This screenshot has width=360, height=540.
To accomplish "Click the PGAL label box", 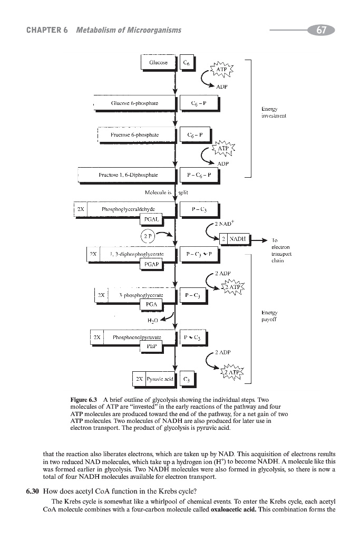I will pos(152,218).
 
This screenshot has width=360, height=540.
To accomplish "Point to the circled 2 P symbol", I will pos(148,235).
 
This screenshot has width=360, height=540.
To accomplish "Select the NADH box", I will pos(240,239).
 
